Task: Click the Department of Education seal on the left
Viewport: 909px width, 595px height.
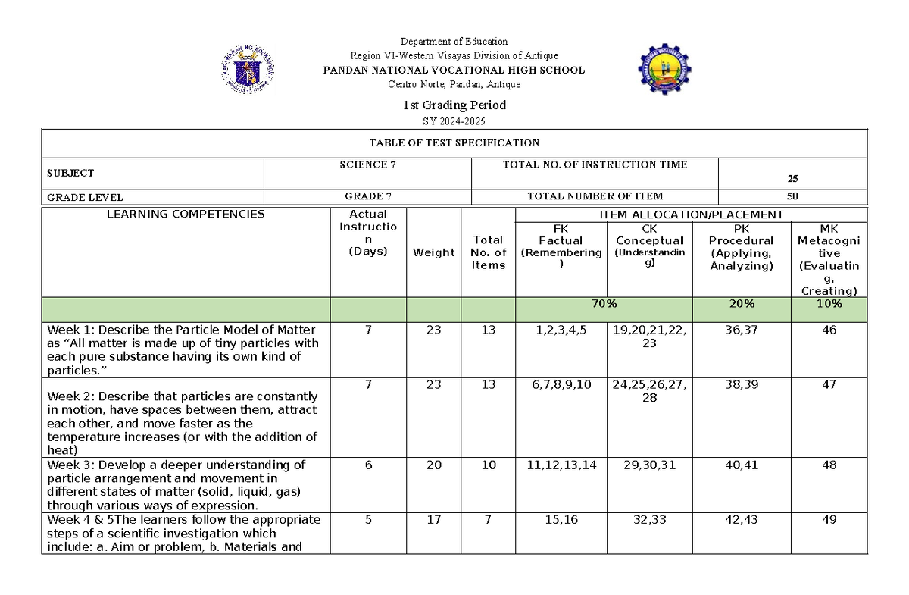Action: coord(248,68)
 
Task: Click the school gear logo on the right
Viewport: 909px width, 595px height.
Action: coord(664,69)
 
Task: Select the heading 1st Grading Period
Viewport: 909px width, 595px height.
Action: coord(454,105)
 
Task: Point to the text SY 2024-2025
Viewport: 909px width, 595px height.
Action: coord(454,121)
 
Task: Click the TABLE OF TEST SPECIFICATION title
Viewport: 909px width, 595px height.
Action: coord(454,142)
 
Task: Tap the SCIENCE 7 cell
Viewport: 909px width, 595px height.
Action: coord(367,164)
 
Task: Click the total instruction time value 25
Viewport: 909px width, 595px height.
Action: coord(792,179)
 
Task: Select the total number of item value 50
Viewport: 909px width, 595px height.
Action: coord(792,196)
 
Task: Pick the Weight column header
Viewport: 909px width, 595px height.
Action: coord(433,252)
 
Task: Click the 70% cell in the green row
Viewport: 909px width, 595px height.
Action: coord(604,303)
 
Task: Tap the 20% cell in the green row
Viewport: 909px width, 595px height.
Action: coord(742,303)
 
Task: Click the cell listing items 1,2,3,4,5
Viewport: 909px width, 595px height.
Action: coord(560,330)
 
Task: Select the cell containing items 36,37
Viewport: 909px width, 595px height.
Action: coord(742,330)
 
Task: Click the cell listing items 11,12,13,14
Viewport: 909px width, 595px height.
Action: coord(560,465)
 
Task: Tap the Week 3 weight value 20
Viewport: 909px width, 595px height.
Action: coord(433,465)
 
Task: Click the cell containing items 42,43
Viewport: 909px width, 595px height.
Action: coord(742,519)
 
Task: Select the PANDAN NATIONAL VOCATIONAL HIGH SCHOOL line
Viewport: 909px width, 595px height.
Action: coord(454,70)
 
